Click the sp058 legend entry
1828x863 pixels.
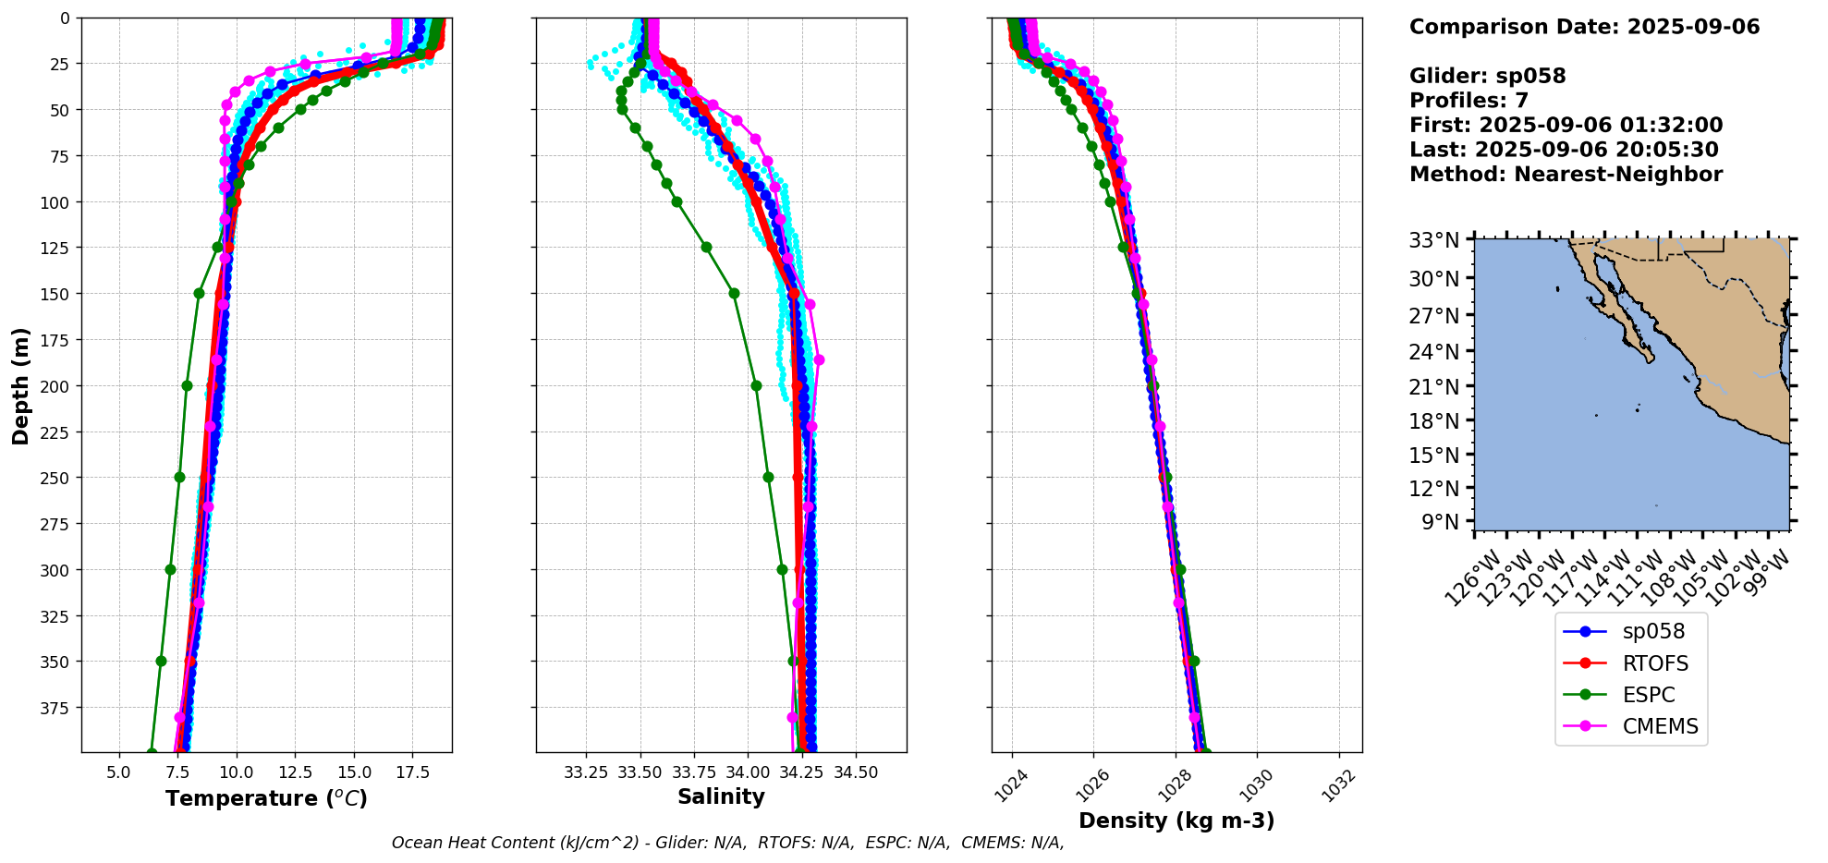click(1631, 632)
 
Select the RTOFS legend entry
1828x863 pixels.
click(1631, 663)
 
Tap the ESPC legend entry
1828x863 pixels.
click(1631, 695)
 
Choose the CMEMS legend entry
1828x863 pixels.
click(1631, 726)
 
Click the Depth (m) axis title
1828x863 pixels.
click(20, 385)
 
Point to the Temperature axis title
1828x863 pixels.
click(266, 798)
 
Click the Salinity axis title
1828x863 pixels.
click(721, 796)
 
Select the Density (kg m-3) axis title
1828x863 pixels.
click(1176, 820)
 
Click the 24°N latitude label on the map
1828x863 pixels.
click(1440, 351)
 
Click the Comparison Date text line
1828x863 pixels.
click(1584, 27)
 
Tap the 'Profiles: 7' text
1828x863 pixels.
click(1468, 101)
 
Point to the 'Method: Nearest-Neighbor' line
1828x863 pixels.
click(1566, 175)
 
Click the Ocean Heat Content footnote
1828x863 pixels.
click(727, 843)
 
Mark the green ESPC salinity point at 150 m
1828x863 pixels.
click(734, 293)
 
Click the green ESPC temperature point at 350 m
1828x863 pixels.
click(161, 661)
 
